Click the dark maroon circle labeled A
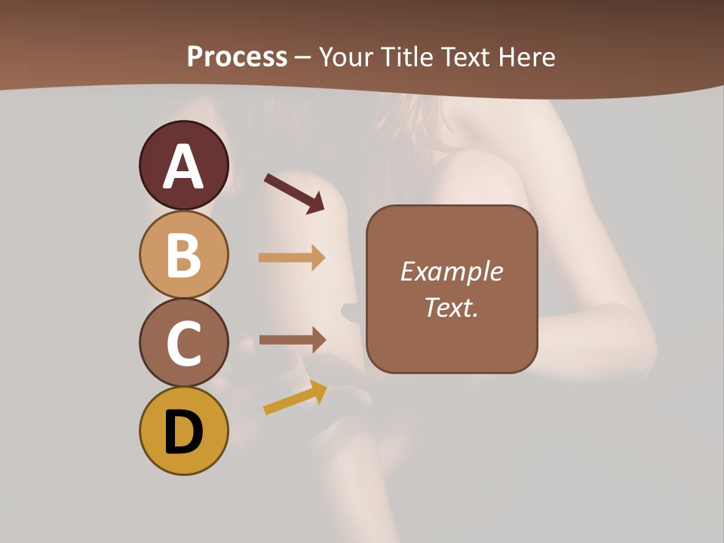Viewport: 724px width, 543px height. (x=183, y=165)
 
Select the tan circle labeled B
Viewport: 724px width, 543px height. (x=183, y=254)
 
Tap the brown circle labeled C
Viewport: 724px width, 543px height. (x=183, y=342)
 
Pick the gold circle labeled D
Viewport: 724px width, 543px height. (x=183, y=431)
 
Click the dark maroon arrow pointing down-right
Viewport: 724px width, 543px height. (x=294, y=193)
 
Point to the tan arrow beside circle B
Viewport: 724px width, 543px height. (x=292, y=258)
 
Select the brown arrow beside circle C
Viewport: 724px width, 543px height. (x=292, y=339)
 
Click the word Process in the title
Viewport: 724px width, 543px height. (x=237, y=57)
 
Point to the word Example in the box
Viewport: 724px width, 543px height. (x=451, y=271)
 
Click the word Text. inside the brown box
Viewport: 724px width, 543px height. (x=451, y=307)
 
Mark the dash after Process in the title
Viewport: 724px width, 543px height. (x=303, y=57)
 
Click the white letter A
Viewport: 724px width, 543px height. (x=183, y=167)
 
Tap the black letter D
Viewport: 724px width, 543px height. (x=183, y=432)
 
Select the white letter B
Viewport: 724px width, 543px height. (x=183, y=255)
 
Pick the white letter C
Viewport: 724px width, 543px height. (x=183, y=343)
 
